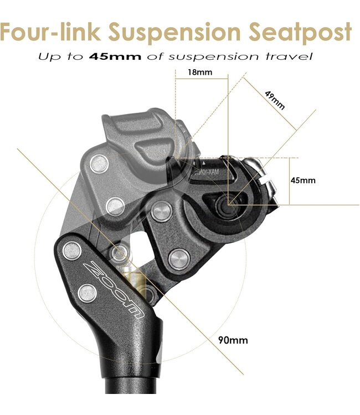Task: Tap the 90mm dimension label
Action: point(233,340)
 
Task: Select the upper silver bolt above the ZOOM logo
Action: point(72,252)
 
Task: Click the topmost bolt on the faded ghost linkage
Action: point(100,162)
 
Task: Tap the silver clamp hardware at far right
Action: point(265,177)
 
